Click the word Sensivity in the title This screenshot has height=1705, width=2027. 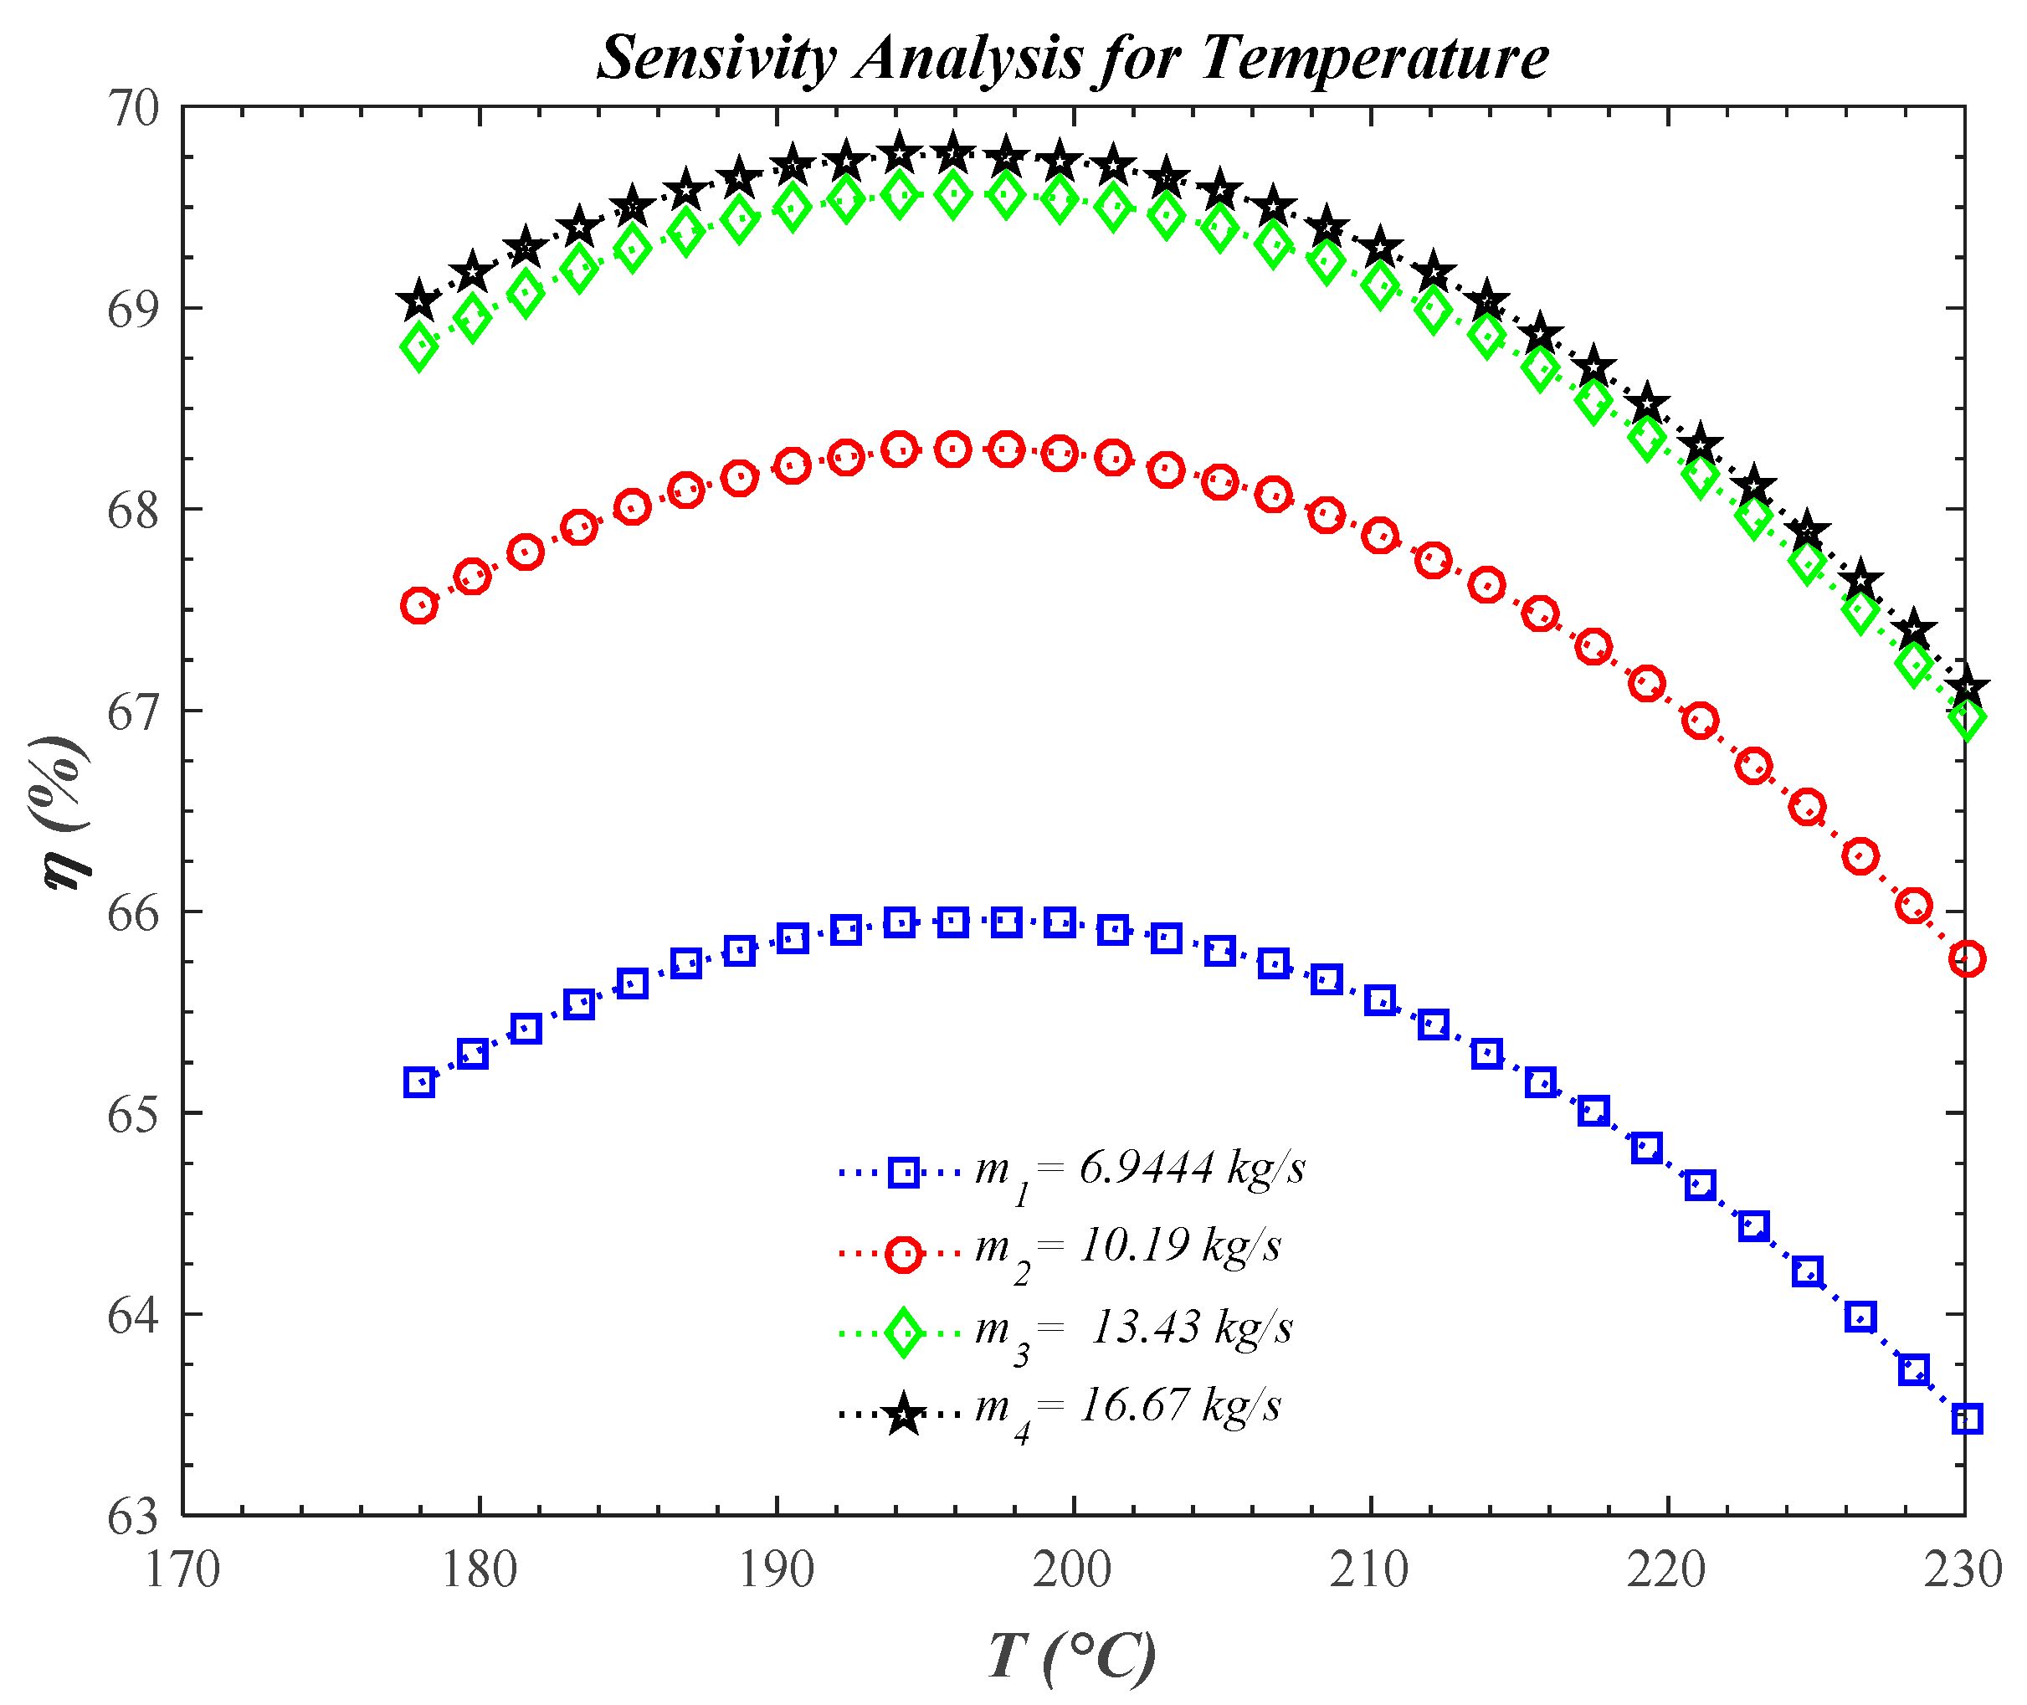click(x=715, y=58)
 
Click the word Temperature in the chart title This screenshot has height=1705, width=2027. click(x=1374, y=58)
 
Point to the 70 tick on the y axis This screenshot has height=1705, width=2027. click(x=133, y=108)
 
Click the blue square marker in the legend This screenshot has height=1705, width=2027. click(x=904, y=1173)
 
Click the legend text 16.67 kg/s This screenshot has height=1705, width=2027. click(x=1179, y=1406)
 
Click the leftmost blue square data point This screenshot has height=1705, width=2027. click(x=418, y=1082)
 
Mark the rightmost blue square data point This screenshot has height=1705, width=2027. click(x=1967, y=1420)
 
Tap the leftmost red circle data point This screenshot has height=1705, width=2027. click(x=418, y=606)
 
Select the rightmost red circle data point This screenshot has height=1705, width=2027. click(x=1967, y=960)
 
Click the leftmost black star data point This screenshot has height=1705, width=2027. click(x=418, y=301)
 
